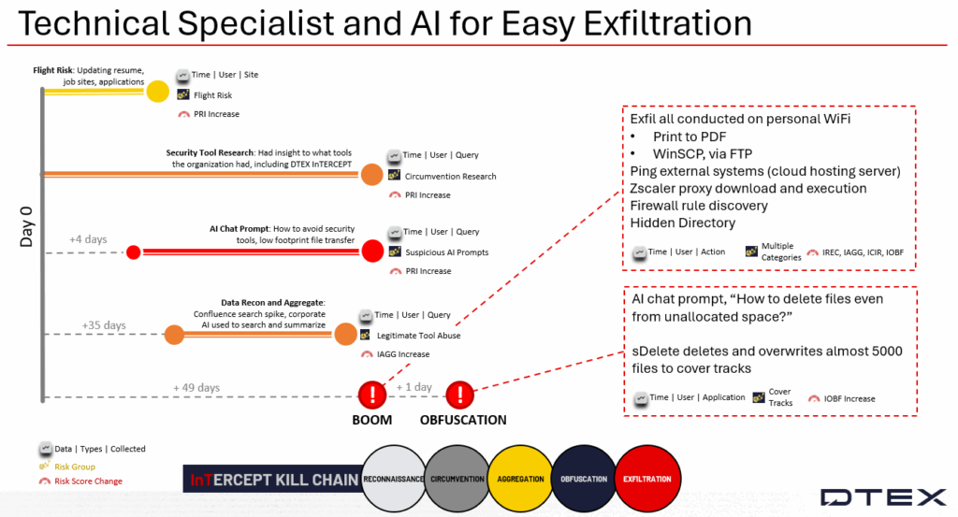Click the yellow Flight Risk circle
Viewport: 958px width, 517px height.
tap(157, 91)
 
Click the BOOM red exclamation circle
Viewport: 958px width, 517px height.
tap(372, 394)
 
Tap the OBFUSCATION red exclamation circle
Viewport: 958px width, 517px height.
tap(459, 394)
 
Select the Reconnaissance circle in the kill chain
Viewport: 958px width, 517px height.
tap(393, 479)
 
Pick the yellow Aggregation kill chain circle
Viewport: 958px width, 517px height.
tap(521, 479)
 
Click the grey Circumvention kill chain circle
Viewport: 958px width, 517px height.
tap(457, 479)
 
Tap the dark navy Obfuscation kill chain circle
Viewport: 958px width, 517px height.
tap(584, 479)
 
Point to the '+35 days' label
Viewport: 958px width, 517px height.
tap(103, 325)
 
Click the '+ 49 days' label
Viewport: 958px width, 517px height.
tap(196, 387)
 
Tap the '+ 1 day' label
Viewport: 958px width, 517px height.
tap(414, 387)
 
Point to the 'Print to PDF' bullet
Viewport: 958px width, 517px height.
tap(691, 136)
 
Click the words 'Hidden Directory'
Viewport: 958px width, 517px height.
tap(682, 223)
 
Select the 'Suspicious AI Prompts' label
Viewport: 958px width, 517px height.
tap(447, 252)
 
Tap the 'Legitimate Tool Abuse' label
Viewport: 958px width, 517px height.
tap(418, 335)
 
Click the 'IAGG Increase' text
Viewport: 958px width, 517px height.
tap(395, 354)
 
